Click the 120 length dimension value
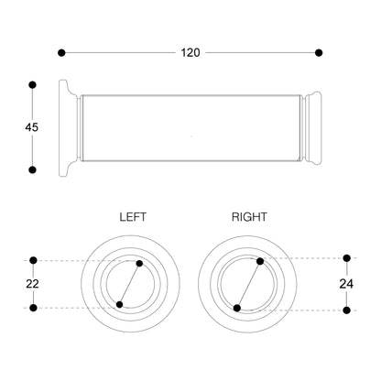[190, 53]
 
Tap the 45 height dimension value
[32, 127]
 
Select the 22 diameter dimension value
[32, 284]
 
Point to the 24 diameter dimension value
[346, 284]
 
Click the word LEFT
[133, 217]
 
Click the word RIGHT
[249, 217]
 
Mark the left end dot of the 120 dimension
[61, 53]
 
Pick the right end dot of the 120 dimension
[319, 53]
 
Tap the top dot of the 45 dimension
[32, 85]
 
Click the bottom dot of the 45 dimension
[32, 169]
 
